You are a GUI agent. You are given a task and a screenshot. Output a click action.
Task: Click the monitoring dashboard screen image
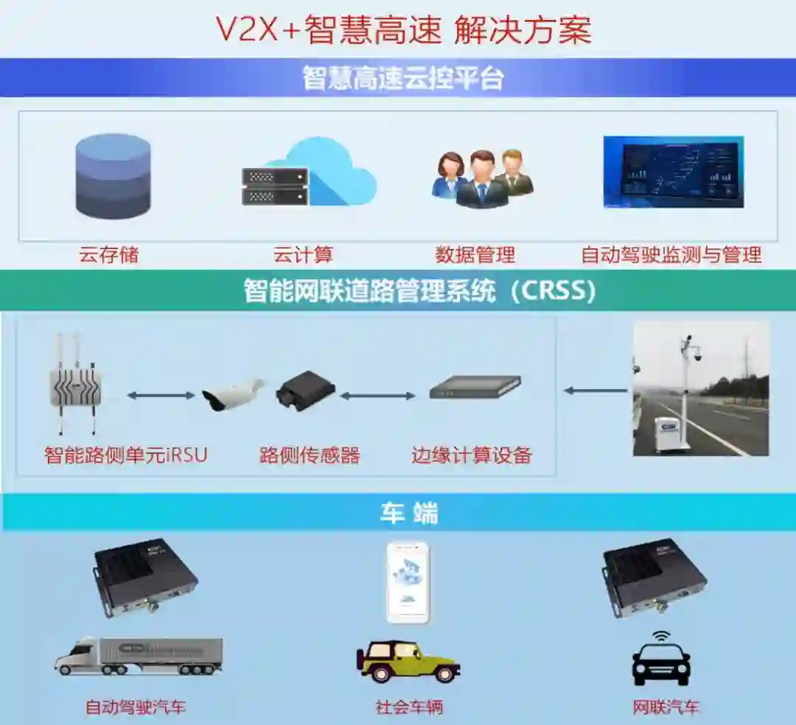click(x=673, y=172)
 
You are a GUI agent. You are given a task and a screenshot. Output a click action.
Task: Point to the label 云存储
click(x=109, y=256)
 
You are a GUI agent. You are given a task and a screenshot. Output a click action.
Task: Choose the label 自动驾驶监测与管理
click(x=671, y=256)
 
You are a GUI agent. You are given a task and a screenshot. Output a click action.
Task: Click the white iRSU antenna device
click(x=75, y=384)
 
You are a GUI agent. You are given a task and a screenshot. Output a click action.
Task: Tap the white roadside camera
click(x=232, y=394)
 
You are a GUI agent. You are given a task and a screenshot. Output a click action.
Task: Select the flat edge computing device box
click(x=475, y=387)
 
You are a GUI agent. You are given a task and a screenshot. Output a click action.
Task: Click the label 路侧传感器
click(x=310, y=455)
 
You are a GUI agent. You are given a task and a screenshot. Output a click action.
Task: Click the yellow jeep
click(x=408, y=660)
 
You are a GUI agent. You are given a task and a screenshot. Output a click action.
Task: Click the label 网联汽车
click(x=666, y=707)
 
